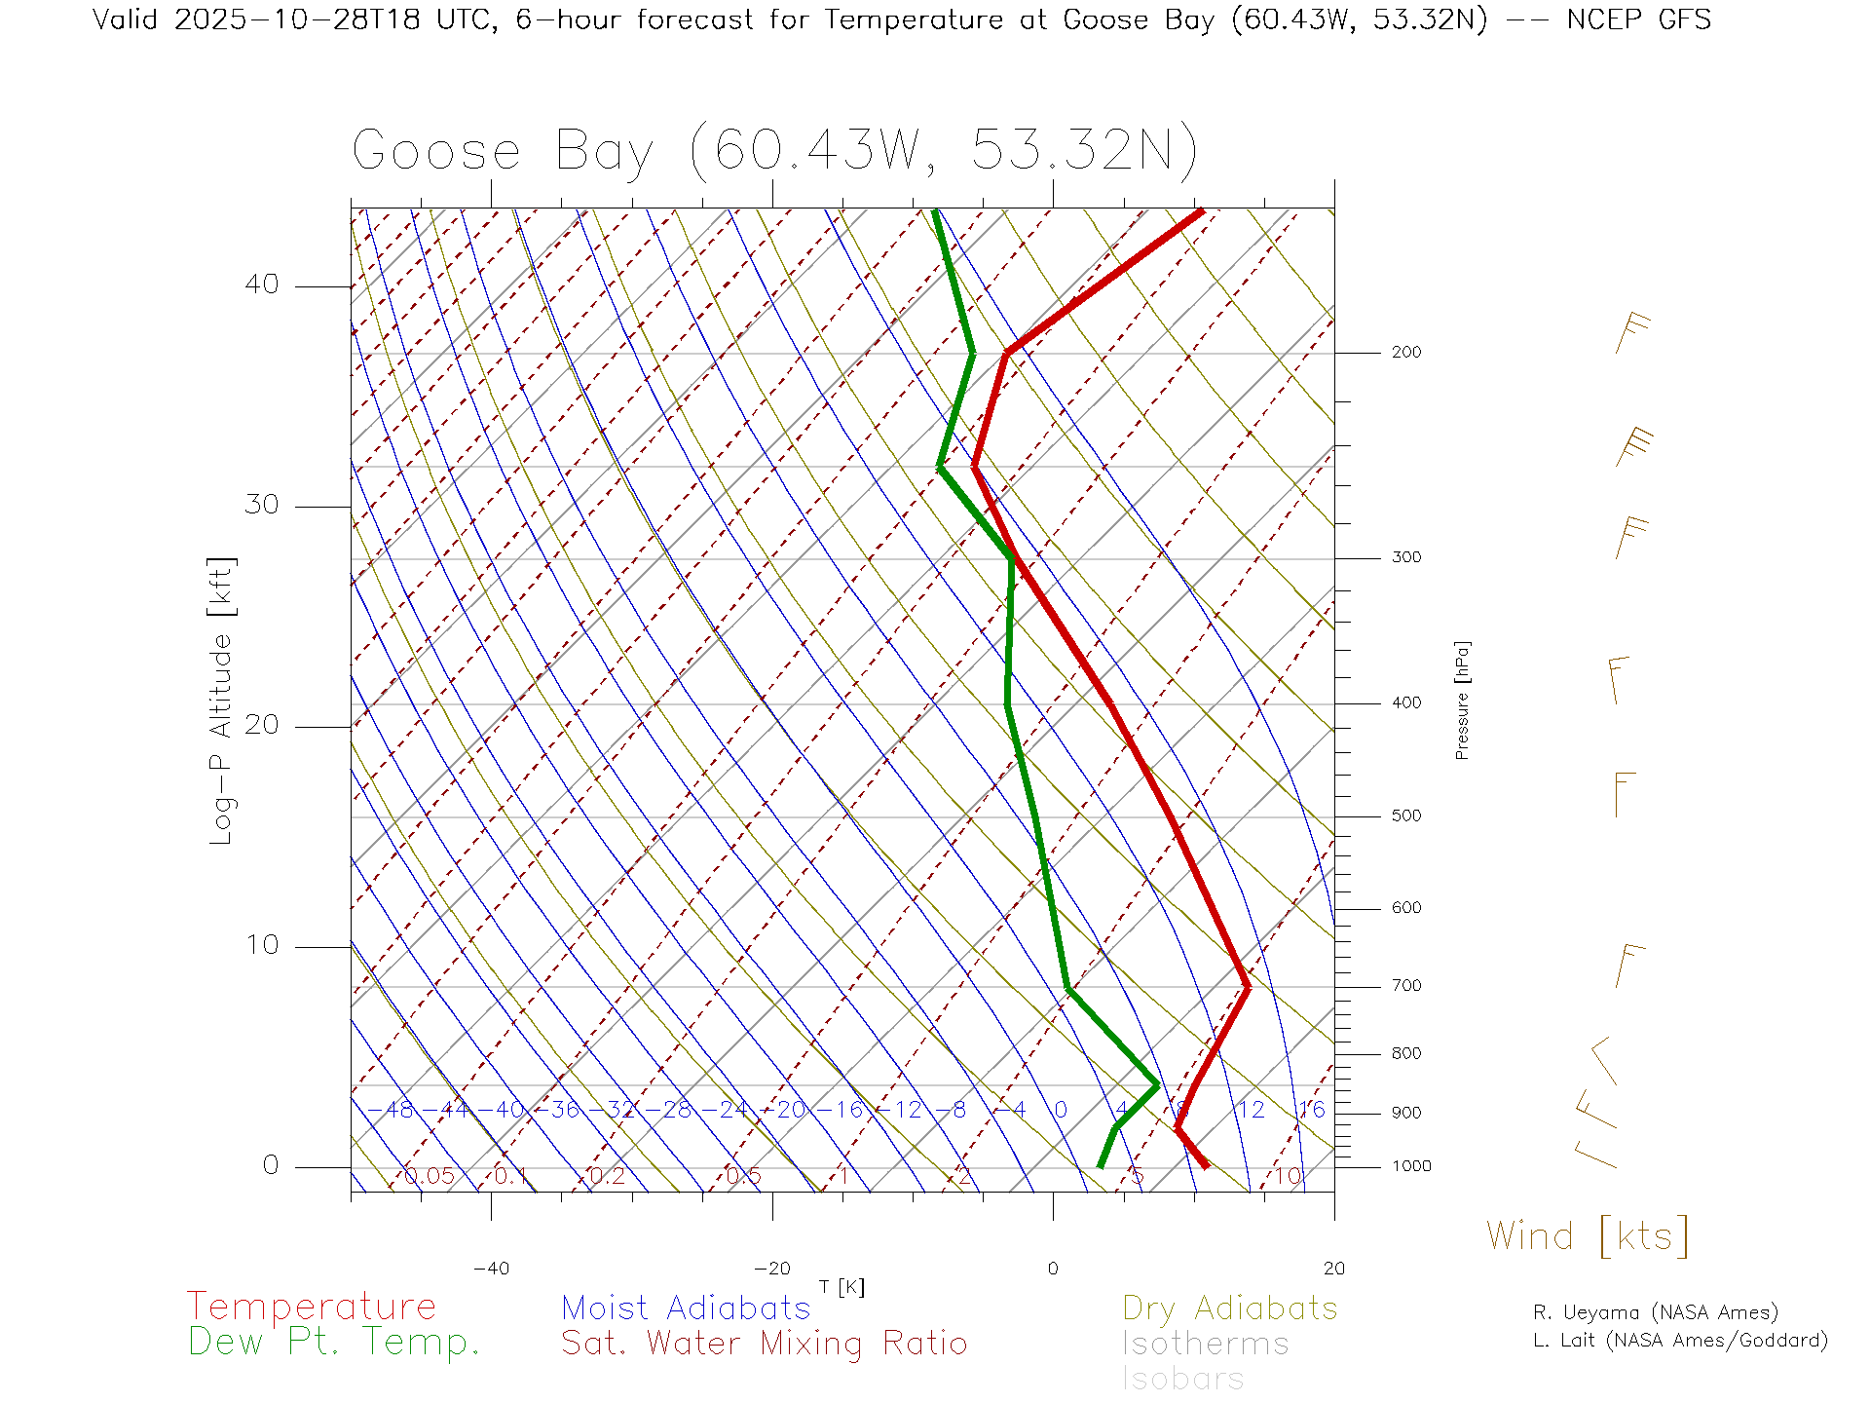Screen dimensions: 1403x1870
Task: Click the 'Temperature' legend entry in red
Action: point(312,1307)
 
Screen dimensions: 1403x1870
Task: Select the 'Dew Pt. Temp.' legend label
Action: point(334,1343)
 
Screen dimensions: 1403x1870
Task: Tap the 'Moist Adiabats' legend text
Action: point(687,1308)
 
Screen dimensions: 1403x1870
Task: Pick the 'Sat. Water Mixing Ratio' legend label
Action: point(765,1344)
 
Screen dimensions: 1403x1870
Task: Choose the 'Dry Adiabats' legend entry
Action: point(1230,1308)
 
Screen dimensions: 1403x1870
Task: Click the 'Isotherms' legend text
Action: point(1206,1344)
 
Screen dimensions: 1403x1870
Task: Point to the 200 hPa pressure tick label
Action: point(1406,353)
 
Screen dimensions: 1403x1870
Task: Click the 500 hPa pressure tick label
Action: point(1406,816)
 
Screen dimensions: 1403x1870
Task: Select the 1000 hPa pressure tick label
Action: point(1411,1166)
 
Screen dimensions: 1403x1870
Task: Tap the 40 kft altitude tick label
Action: point(262,284)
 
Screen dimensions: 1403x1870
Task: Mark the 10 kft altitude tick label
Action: point(262,945)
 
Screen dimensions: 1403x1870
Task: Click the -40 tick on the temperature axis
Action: point(491,1269)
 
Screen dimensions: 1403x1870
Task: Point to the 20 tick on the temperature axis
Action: point(1333,1269)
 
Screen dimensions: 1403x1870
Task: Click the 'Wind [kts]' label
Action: point(1588,1236)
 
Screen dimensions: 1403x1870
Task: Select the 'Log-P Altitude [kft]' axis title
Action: point(222,701)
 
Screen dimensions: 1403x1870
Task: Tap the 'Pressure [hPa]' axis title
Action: point(1462,701)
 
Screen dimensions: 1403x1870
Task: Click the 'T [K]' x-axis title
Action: point(841,1288)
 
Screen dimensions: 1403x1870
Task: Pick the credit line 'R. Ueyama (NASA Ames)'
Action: point(1656,1312)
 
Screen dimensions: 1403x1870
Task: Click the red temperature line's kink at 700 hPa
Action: point(1247,987)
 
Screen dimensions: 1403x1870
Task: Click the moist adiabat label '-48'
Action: point(397,1110)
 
